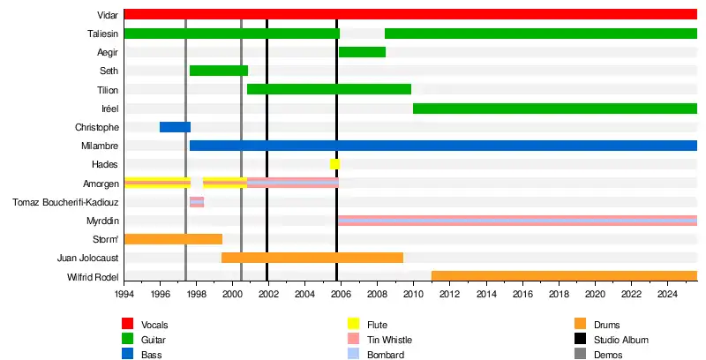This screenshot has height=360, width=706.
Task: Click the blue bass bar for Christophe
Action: [175, 127]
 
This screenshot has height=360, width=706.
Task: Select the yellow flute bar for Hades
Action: [334, 164]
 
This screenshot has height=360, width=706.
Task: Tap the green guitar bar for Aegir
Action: [362, 52]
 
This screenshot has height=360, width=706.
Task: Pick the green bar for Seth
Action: [218, 71]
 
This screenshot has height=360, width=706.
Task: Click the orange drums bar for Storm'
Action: [173, 239]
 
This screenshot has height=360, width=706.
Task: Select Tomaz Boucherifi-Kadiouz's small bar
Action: [196, 202]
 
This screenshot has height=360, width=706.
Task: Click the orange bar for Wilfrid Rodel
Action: [564, 276]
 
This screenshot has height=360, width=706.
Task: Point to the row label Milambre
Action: [103, 146]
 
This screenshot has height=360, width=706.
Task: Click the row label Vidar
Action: [109, 15]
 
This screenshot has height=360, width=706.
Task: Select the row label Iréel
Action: [109, 109]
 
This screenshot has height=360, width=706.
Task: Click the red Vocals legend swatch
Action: [128, 326]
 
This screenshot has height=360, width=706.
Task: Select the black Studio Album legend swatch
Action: [581, 340]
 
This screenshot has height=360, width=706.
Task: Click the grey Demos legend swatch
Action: [581, 355]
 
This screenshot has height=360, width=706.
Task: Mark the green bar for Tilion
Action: [328, 89]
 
